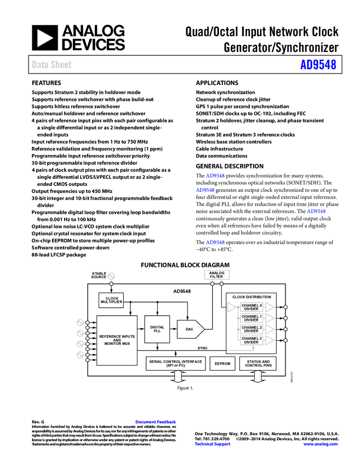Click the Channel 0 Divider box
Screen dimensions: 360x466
coord(252,307)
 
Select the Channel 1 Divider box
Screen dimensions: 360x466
coord(252,318)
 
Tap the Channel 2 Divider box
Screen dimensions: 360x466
coord(252,329)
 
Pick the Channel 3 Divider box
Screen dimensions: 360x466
coord(252,340)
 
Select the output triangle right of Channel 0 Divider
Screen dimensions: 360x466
coord(270,307)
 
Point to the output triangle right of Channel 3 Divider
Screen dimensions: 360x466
coord(270,340)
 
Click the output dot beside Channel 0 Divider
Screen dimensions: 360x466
coord(285,307)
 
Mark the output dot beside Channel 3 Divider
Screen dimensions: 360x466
coord(285,340)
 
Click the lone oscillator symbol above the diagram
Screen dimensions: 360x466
coord(111,276)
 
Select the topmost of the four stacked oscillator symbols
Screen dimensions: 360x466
coord(80,322)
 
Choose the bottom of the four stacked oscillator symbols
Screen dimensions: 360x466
coord(80,355)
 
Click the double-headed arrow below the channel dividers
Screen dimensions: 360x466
coord(258,376)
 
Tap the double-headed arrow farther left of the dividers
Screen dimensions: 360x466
coord(178,376)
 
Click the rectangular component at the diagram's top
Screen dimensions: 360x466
coord(217,275)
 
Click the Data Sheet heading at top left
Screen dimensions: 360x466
coord(52,65)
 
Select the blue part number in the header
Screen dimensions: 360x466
coord(318,65)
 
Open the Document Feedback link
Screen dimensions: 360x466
coord(156,422)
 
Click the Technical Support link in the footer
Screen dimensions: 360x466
coord(213,444)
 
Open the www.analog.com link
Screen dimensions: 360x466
coord(321,444)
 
